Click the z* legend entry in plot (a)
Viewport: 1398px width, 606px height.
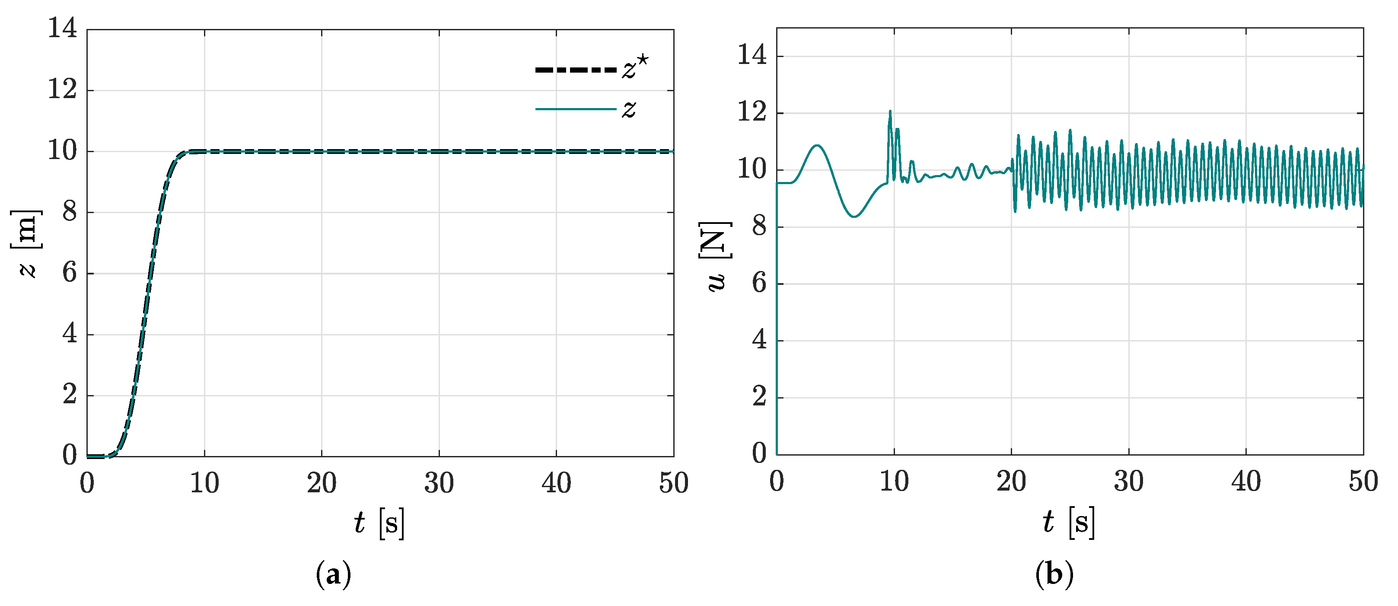[592, 70]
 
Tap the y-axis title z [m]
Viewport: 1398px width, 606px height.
[26, 243]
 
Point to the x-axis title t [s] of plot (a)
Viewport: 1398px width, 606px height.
[379, 523]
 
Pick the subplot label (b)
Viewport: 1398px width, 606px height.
[1054, 574]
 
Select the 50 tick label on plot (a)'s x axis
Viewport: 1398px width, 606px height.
[673, 483]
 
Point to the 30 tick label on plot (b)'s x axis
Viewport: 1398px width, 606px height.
[1129, 481]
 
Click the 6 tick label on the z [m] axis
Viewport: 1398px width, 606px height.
[70, 273]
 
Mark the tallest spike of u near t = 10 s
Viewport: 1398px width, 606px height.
[890, 112]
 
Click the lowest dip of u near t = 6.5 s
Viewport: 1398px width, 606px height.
[854, 217]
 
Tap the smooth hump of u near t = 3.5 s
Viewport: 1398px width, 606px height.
[817, 146]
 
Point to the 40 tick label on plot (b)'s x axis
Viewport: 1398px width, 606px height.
[1246, 481]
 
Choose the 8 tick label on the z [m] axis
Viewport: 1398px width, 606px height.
[70, 212]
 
